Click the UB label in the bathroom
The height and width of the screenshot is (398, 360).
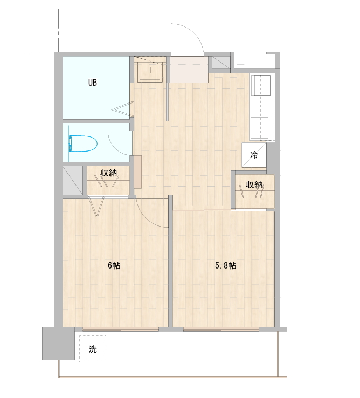(x=93, y=83)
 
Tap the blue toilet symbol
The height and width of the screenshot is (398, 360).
(x=83, y=143)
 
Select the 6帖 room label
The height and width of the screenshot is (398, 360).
(x=114, y=265)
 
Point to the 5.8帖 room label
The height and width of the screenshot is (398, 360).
(x=226, y=265)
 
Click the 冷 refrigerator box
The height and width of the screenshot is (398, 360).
(x=254, y=155)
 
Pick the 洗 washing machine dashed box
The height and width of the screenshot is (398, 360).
(x=93, y=349)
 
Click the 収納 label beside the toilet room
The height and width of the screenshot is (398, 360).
(x=108, y=173)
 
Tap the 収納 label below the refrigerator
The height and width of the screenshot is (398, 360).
(x=254, y=185)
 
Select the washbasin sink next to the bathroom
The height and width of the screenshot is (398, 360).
(x=150, y=73)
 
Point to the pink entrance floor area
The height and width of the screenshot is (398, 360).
(x=189, y=69)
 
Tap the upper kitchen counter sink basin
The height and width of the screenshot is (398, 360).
(x=260, y=85)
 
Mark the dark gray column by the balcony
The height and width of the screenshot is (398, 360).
(x=58, y=344)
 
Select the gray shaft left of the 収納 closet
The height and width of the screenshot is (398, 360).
(x=73, y=181)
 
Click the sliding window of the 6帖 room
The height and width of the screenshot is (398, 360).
(x=121, y=329)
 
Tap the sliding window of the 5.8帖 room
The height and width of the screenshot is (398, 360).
(x=221, y=329)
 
